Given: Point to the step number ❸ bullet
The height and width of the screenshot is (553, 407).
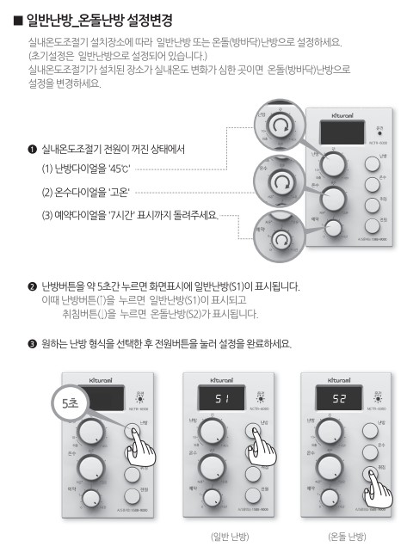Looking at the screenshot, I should coord(32,344).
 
